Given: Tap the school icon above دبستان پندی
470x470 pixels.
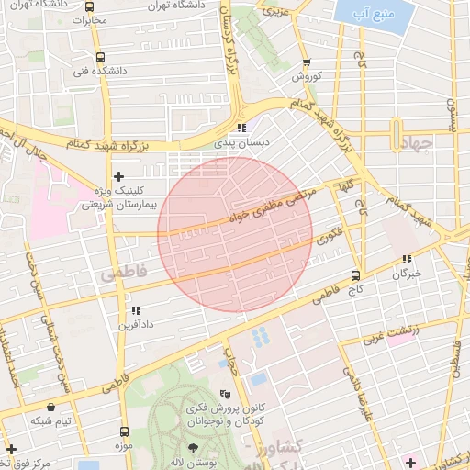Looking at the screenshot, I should (x=241, y=129).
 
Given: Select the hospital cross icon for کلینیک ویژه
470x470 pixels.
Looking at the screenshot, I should (x=117, y=175).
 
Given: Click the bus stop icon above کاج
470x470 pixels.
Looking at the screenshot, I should (x=356, y=274).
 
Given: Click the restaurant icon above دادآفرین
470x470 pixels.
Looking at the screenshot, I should (x=137, y=311).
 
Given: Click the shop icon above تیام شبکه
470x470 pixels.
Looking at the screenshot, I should (x=50, y=406).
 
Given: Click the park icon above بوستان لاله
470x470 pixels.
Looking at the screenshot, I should (x=193, y=445).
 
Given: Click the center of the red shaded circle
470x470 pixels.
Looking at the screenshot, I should (x=235, y=233).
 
